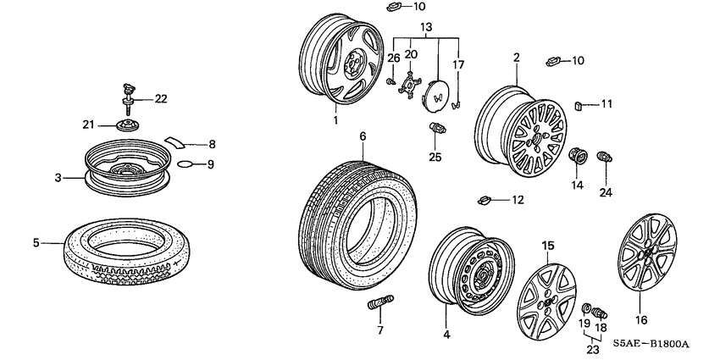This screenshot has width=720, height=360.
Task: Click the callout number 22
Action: click(160, 99)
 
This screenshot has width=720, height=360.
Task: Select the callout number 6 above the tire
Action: click(363, 136)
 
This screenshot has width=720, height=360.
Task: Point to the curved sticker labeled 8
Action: click(179, 141)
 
